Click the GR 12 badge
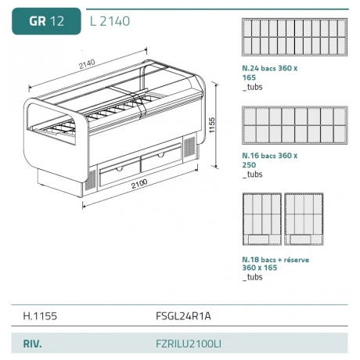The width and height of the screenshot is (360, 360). click(x=46, y=21)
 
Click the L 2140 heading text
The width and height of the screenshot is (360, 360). click(x=110, y=21)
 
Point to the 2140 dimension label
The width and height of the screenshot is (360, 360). click(x=87, y=64)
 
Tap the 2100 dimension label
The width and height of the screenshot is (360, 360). click(x=139, y=184)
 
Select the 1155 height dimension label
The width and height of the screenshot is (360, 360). click(x=212, y=124)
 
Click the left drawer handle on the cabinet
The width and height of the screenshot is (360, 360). click(x=120, y=169)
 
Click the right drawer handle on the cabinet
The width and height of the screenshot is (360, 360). click(x=160, y=155)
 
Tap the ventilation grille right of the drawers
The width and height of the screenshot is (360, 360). click(x=189, y=147)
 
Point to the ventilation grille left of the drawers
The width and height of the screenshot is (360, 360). click(x=91, y=180)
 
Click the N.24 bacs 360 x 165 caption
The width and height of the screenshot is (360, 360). click(x=270, y=77)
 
